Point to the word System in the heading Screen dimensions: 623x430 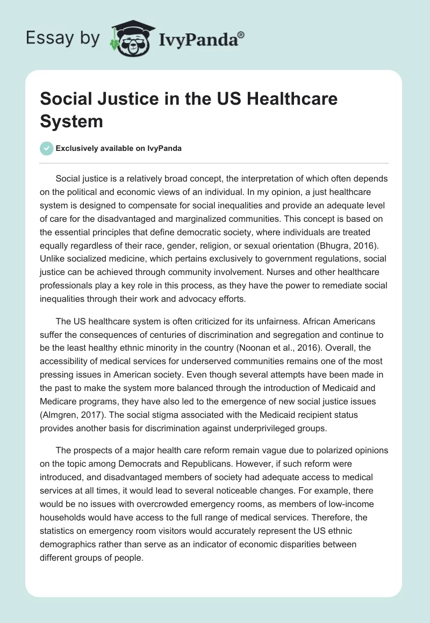tap(71, 121)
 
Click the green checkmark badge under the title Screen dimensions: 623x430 tap(47, 148)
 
